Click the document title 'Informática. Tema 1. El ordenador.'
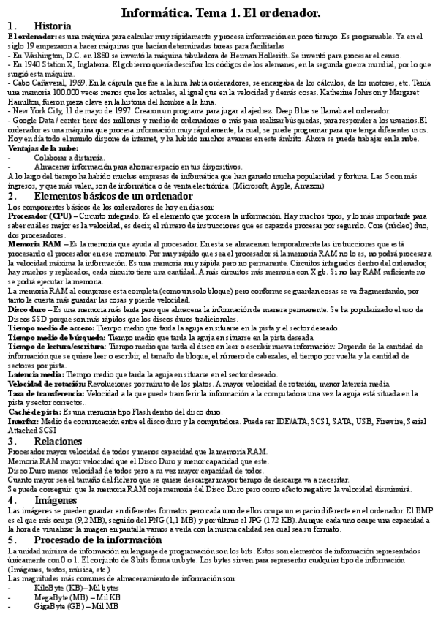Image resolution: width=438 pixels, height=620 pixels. pyautogui.click(x=219, y=12)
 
